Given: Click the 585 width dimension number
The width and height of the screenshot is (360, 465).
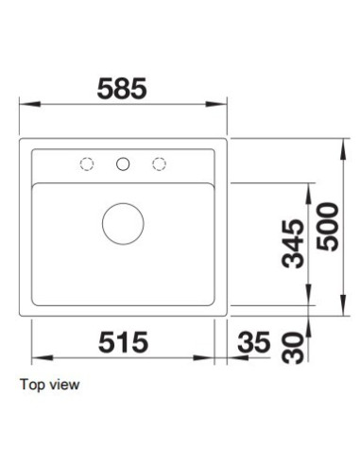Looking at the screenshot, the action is click(122, 89).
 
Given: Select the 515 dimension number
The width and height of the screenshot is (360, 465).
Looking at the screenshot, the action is click(123, 342).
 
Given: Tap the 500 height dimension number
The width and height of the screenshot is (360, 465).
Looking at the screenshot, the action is click(328, 227).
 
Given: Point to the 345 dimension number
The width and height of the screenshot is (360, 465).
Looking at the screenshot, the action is click(293, 244).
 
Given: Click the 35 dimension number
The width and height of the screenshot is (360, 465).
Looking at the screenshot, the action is click(254, 342).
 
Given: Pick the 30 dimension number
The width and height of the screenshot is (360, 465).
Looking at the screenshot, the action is click(293, 348).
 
